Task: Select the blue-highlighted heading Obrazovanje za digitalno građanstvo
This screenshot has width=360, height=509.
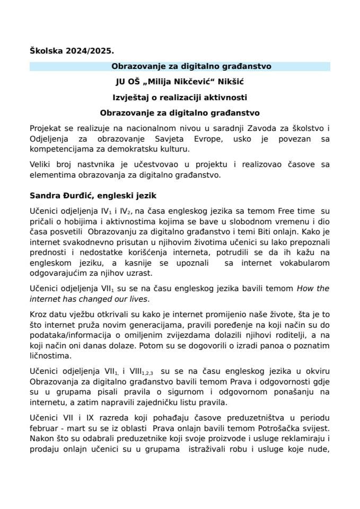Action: (x=180, y=67)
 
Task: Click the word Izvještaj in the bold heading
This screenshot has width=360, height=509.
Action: (x=130, y=98)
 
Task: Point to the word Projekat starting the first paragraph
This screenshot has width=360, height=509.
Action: (x=46, y=129)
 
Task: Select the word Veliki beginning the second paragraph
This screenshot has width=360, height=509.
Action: (x=41, y=165)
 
